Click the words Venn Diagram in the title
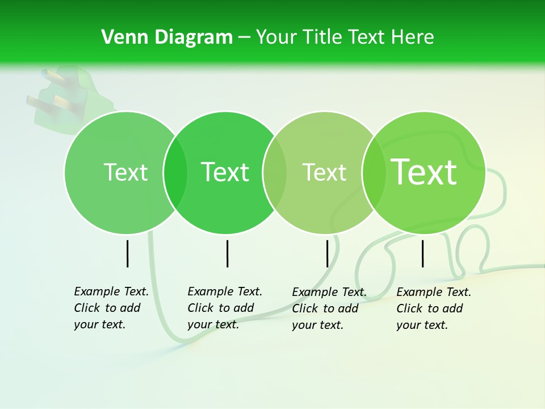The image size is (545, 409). (x=167, y=37)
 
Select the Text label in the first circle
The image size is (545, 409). (x=126, y=172)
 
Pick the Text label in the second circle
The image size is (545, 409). (x=225, y=172)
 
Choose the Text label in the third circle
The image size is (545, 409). (x=325, y=172)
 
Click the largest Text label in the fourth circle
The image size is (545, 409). (x=424, y=172)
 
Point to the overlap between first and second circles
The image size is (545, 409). (x=175, y=173)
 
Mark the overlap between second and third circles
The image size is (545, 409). (x=275, y=173)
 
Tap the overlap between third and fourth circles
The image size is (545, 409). (x=374, y=173)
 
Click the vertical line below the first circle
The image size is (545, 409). (x=128, y=253)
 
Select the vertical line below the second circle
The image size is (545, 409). (x=227, y=253)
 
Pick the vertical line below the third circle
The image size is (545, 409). (x=328, y=253)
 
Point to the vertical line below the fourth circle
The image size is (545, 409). (x=423, y=253)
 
